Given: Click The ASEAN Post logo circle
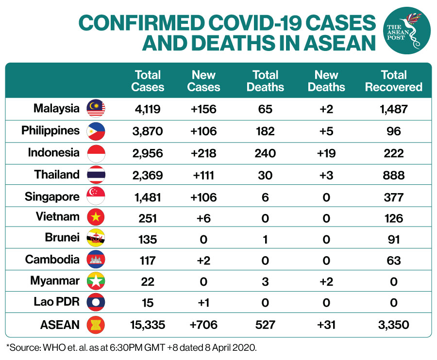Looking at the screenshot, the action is tap(407, 31).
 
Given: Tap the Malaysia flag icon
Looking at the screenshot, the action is tap(96, 108).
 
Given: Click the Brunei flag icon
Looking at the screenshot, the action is tap(96, 238).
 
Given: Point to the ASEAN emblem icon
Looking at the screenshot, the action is tap(96, 325).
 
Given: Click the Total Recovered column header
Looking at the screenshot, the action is tap(393, 81).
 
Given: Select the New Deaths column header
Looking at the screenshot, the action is tap(326, 81).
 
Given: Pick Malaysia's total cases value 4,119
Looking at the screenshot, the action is tap(148, 109).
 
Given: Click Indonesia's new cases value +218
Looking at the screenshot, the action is tap(203, 153).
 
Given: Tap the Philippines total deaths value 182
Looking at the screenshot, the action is tap(265, 131).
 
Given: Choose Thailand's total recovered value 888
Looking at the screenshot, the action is tap(393, 176).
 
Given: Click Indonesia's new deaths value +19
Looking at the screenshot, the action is tap(326, 153).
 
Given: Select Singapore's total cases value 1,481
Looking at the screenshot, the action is tap(148, 197).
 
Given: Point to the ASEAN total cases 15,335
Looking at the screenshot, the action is tap(148, 325).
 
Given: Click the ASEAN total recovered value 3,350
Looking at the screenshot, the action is tap(393, 325).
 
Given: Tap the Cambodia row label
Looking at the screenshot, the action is tap(52, 259).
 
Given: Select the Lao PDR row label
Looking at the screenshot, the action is tap(57, 301).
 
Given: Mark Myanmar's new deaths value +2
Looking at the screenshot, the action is tap(326, 282).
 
